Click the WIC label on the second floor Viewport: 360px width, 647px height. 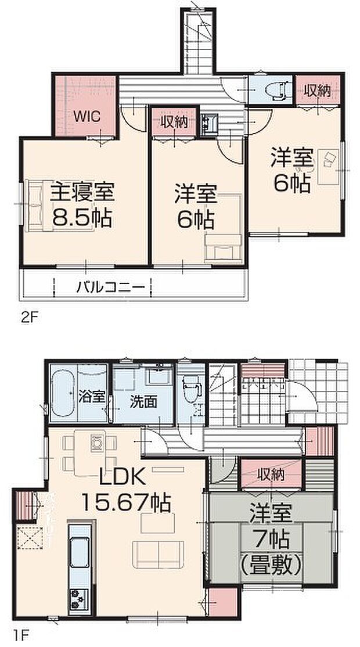pos(87,116)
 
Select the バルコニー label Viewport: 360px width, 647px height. pos(110,286)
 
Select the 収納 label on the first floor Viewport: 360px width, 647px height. pos(271,475)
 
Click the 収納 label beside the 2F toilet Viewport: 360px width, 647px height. pos(315,90)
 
